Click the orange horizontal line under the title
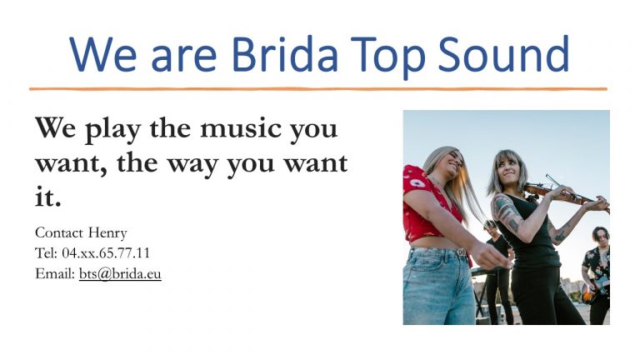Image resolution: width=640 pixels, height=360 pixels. click(317, 88)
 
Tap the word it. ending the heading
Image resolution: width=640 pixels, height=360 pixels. click(47, 197)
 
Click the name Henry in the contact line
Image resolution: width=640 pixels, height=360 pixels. click(107, 232)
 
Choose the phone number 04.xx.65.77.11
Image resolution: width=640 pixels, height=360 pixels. click(106, 252)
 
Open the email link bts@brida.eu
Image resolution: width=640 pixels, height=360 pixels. click(120, 273)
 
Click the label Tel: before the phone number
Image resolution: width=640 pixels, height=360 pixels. click(46, 252)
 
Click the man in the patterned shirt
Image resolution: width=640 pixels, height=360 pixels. click(597, 267)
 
